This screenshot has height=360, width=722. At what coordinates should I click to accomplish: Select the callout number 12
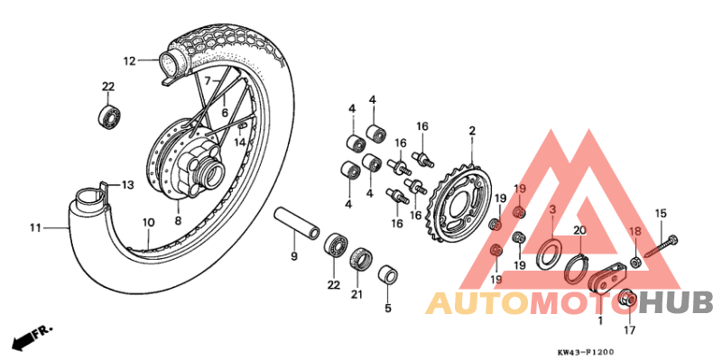[x=129, y=60]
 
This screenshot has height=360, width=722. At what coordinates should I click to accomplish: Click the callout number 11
[x=34, y=228]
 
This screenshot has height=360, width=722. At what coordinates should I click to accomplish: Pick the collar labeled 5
[x=389, y=274]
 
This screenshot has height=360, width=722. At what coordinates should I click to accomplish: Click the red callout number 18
[x=634, y=233]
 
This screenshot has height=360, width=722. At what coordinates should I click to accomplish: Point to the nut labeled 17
[x=627, y=299]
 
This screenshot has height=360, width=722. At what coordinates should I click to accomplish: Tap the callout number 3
[x=552, y=209]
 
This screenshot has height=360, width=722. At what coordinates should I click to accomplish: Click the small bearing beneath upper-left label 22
[x=110, y=115]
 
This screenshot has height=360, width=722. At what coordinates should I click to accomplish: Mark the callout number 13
[x=127, y=185]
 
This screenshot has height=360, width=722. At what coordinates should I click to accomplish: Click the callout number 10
[x=147, y=222]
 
